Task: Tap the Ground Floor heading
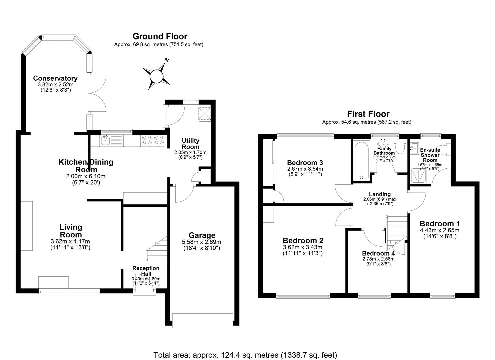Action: pyautogui.click(x=160, y=36)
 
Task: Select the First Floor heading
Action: pyautogui.click(x=368, y=114)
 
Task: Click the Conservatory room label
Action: pyautogui.click(x=55, y=78)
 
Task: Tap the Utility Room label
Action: pyautogui.click(x=190, y=144)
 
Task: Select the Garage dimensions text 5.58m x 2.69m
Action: pyautogui.click(x=202, y=242)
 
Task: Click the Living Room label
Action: pyautogui.click(x=71, y=230)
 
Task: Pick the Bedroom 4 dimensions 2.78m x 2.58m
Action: pyautogui.click(x=378, y=259)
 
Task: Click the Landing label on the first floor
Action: pyautogui.click(x=380, y=194)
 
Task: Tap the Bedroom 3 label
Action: pyautogui.click(x=305, y=163)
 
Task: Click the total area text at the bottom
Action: pyautogui.click(x=245, y=355)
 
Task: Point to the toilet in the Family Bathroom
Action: pyautogui.click(x=399, y=146)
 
